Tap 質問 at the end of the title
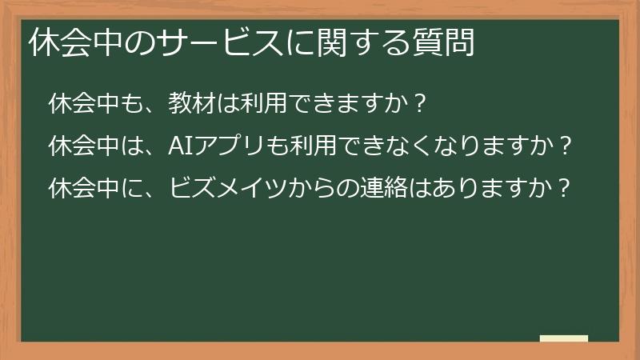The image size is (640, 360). (450, 44)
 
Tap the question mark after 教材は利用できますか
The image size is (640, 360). (421, 104)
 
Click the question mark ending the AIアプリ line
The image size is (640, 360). (566, 146)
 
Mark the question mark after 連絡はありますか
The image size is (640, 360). (566, 189)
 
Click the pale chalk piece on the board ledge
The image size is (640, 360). (564, 338)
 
